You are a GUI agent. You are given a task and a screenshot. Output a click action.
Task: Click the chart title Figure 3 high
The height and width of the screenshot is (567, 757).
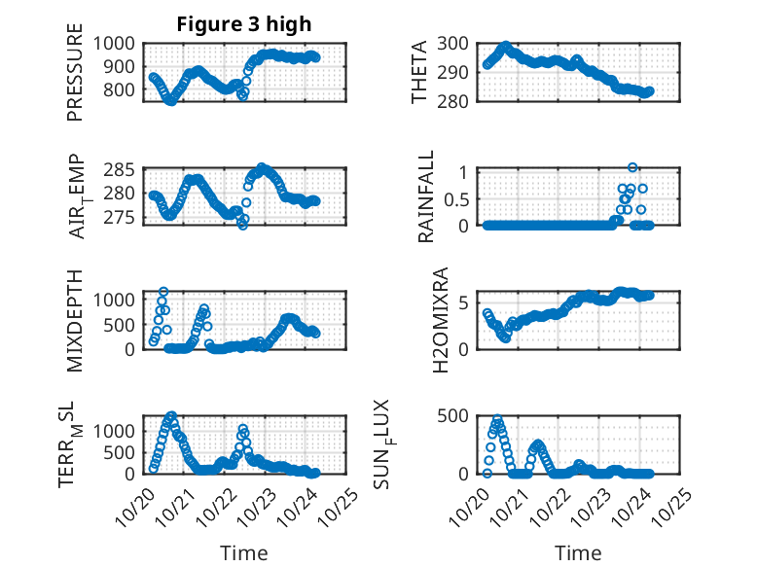[243, 24]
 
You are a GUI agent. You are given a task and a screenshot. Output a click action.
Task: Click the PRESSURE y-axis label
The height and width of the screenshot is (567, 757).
[76, 80]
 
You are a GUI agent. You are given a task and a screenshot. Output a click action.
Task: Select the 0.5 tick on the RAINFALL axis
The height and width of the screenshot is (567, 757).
[458, 198]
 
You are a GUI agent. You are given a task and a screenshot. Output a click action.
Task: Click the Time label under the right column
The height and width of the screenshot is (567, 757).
[578, 553]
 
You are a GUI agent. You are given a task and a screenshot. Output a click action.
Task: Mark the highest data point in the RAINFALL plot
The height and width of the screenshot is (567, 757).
[632, 168]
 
